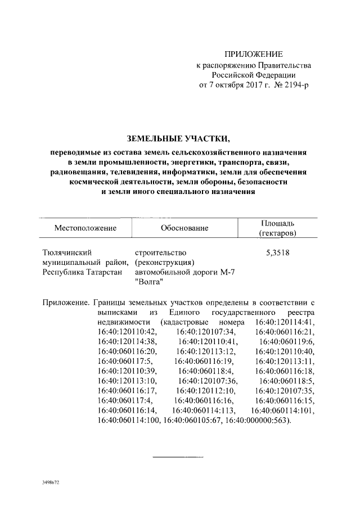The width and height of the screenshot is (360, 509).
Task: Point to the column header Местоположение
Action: pyautogui.click(x=85, y=228)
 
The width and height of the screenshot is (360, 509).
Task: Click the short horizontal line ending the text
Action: pyautogui.click(x=178, y=457)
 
